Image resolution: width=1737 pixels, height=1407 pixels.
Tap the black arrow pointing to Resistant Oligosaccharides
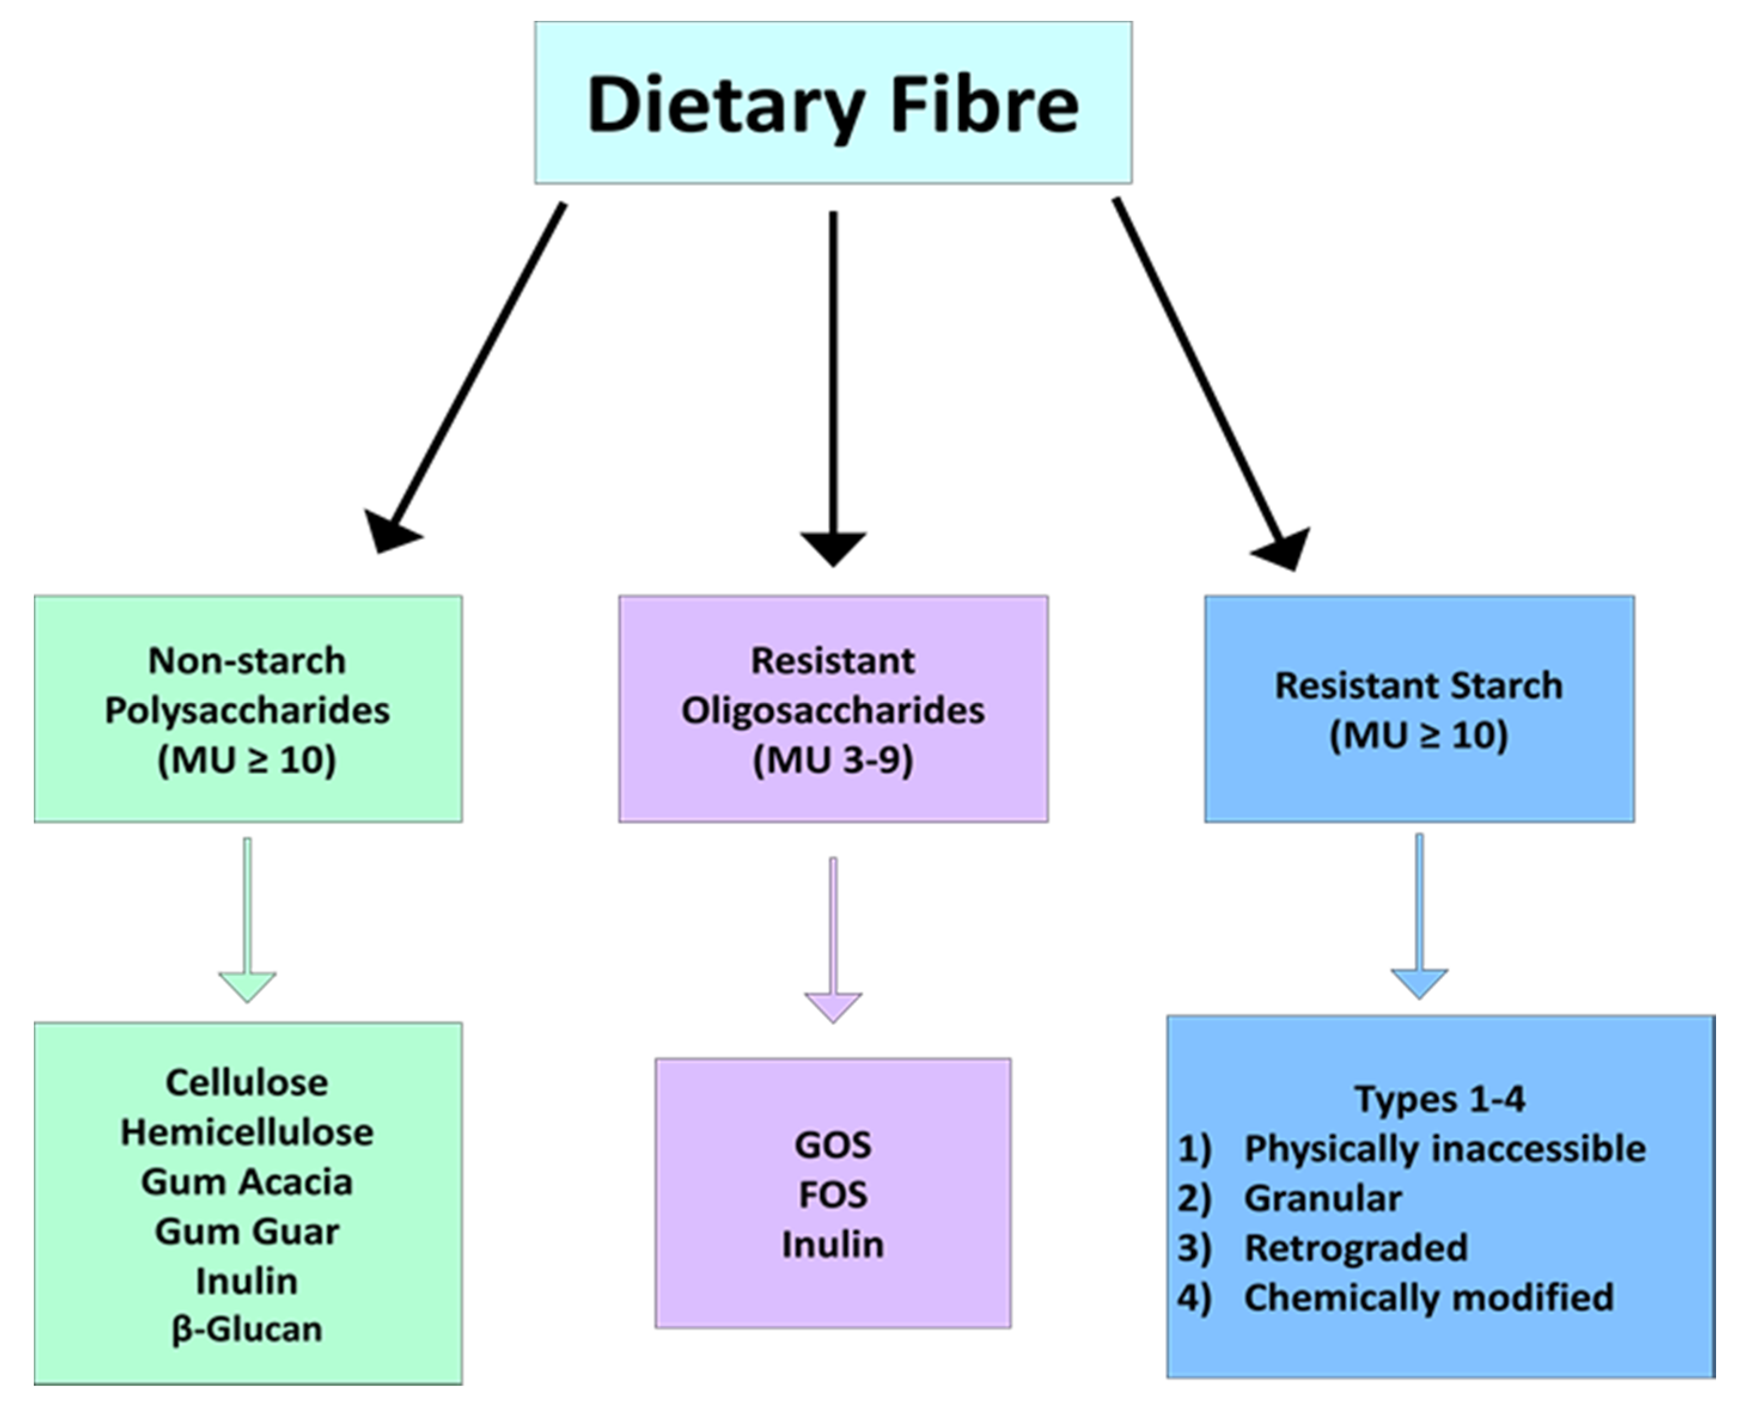tap(833, 389)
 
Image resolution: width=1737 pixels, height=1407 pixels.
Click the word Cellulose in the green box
tap(248, 1083)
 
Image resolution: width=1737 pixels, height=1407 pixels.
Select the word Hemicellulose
tap(248, 1132)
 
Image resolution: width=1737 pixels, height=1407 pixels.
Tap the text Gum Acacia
tap(248, 1182)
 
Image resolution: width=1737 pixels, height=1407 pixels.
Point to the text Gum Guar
tap(248, 1231)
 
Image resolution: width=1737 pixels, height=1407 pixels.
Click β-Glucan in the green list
tap(248, 1329)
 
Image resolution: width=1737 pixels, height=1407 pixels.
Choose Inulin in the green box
tap(248, 1280)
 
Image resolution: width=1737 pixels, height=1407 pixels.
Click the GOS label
tap(833, 1145)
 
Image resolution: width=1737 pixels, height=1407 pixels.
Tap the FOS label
tap(833, 1195)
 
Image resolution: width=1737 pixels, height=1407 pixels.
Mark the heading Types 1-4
tap(1439, 1100)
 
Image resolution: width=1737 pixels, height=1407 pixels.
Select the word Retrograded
tap(1356, 1248)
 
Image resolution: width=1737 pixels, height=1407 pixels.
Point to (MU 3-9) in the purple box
tap(833, 760)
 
